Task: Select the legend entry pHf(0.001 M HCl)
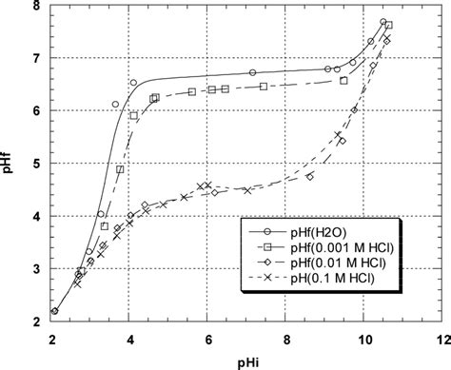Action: click(x=343, y=248)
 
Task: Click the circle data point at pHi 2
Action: click(x=55, y=310)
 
